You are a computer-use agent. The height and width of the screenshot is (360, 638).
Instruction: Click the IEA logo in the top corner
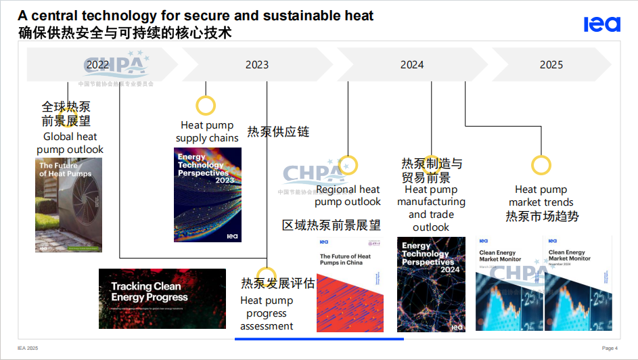(x=601, y=24)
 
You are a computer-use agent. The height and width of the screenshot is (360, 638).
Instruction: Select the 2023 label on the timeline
(x=257, y=65)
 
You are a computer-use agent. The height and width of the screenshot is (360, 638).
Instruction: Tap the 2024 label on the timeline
(x=412, y=65)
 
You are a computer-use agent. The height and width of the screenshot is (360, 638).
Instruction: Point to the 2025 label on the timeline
(x=551, y=65)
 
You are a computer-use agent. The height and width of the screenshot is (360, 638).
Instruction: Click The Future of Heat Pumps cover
(x=68, y=205)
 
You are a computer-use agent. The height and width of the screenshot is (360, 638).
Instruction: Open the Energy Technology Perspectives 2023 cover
(x=207, y=195)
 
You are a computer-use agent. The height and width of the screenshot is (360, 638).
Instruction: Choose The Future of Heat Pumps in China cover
(x=350, y=284)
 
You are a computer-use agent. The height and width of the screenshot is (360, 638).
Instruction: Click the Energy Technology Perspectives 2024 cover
(x=431, y=284)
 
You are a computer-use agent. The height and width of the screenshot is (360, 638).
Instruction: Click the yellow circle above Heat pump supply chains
(x=206, y=106)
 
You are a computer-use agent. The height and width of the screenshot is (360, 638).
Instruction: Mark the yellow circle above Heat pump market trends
(x=541, y=165)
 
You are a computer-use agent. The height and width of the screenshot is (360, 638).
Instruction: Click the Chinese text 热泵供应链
(x=278, y=132)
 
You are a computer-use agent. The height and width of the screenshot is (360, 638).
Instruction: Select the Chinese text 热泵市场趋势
(x=542, y=217)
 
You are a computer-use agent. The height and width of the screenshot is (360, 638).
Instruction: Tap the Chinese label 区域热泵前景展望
(x=331, y=225)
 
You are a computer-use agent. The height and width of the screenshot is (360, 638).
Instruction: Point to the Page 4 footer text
(x=610, y=348)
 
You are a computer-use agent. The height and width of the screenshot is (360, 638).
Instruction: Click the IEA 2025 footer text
(x=28, y=348)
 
